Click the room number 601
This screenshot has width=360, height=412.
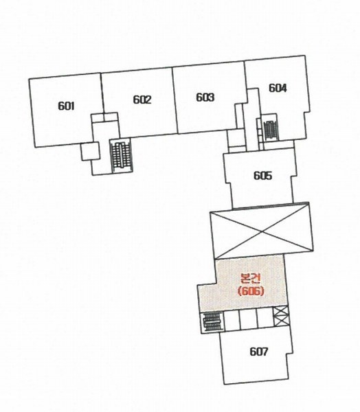pos(66,106)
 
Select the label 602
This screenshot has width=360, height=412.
pos(142,100)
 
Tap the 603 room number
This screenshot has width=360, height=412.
pos(205,98)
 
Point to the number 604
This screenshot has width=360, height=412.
pos(278,88)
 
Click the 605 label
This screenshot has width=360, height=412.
pos(262,175)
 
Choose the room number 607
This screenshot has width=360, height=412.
pos(259,352)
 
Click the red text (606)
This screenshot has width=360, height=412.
pos(250,291)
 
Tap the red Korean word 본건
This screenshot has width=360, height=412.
pos(251,279)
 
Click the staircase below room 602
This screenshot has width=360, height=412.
pos(121,155)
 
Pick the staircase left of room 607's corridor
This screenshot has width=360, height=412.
pos(212,322)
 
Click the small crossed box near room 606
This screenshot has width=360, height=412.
pos(281,317)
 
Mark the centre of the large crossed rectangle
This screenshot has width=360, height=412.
pos(262,231)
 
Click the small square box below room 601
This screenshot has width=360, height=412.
pos(90,151)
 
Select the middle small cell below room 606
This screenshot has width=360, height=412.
pos(248,319)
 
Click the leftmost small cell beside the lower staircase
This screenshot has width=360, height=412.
pos(232,321)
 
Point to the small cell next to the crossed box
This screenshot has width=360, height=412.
pos(265,318)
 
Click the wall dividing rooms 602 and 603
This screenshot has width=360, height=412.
pos(175,100)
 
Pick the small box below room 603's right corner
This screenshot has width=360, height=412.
pos(236,139)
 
